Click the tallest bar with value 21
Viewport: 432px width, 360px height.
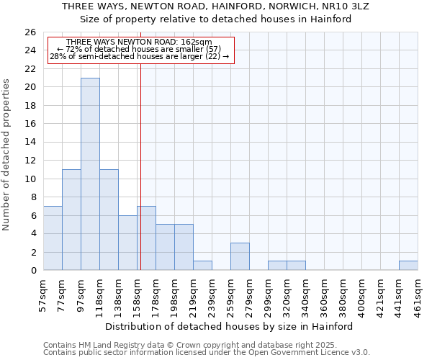[90, 174]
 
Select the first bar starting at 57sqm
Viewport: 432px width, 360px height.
[53, 238]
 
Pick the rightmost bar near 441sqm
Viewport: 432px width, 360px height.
[408, 266]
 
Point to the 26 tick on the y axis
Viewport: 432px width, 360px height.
[31, 32]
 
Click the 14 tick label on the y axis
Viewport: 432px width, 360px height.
[31, 142]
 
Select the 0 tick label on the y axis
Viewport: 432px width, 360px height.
[33, 270]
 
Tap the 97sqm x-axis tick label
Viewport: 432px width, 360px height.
[81, 292]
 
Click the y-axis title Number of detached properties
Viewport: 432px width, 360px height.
[6, 155]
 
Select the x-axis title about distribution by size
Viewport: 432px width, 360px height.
[234, 326]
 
